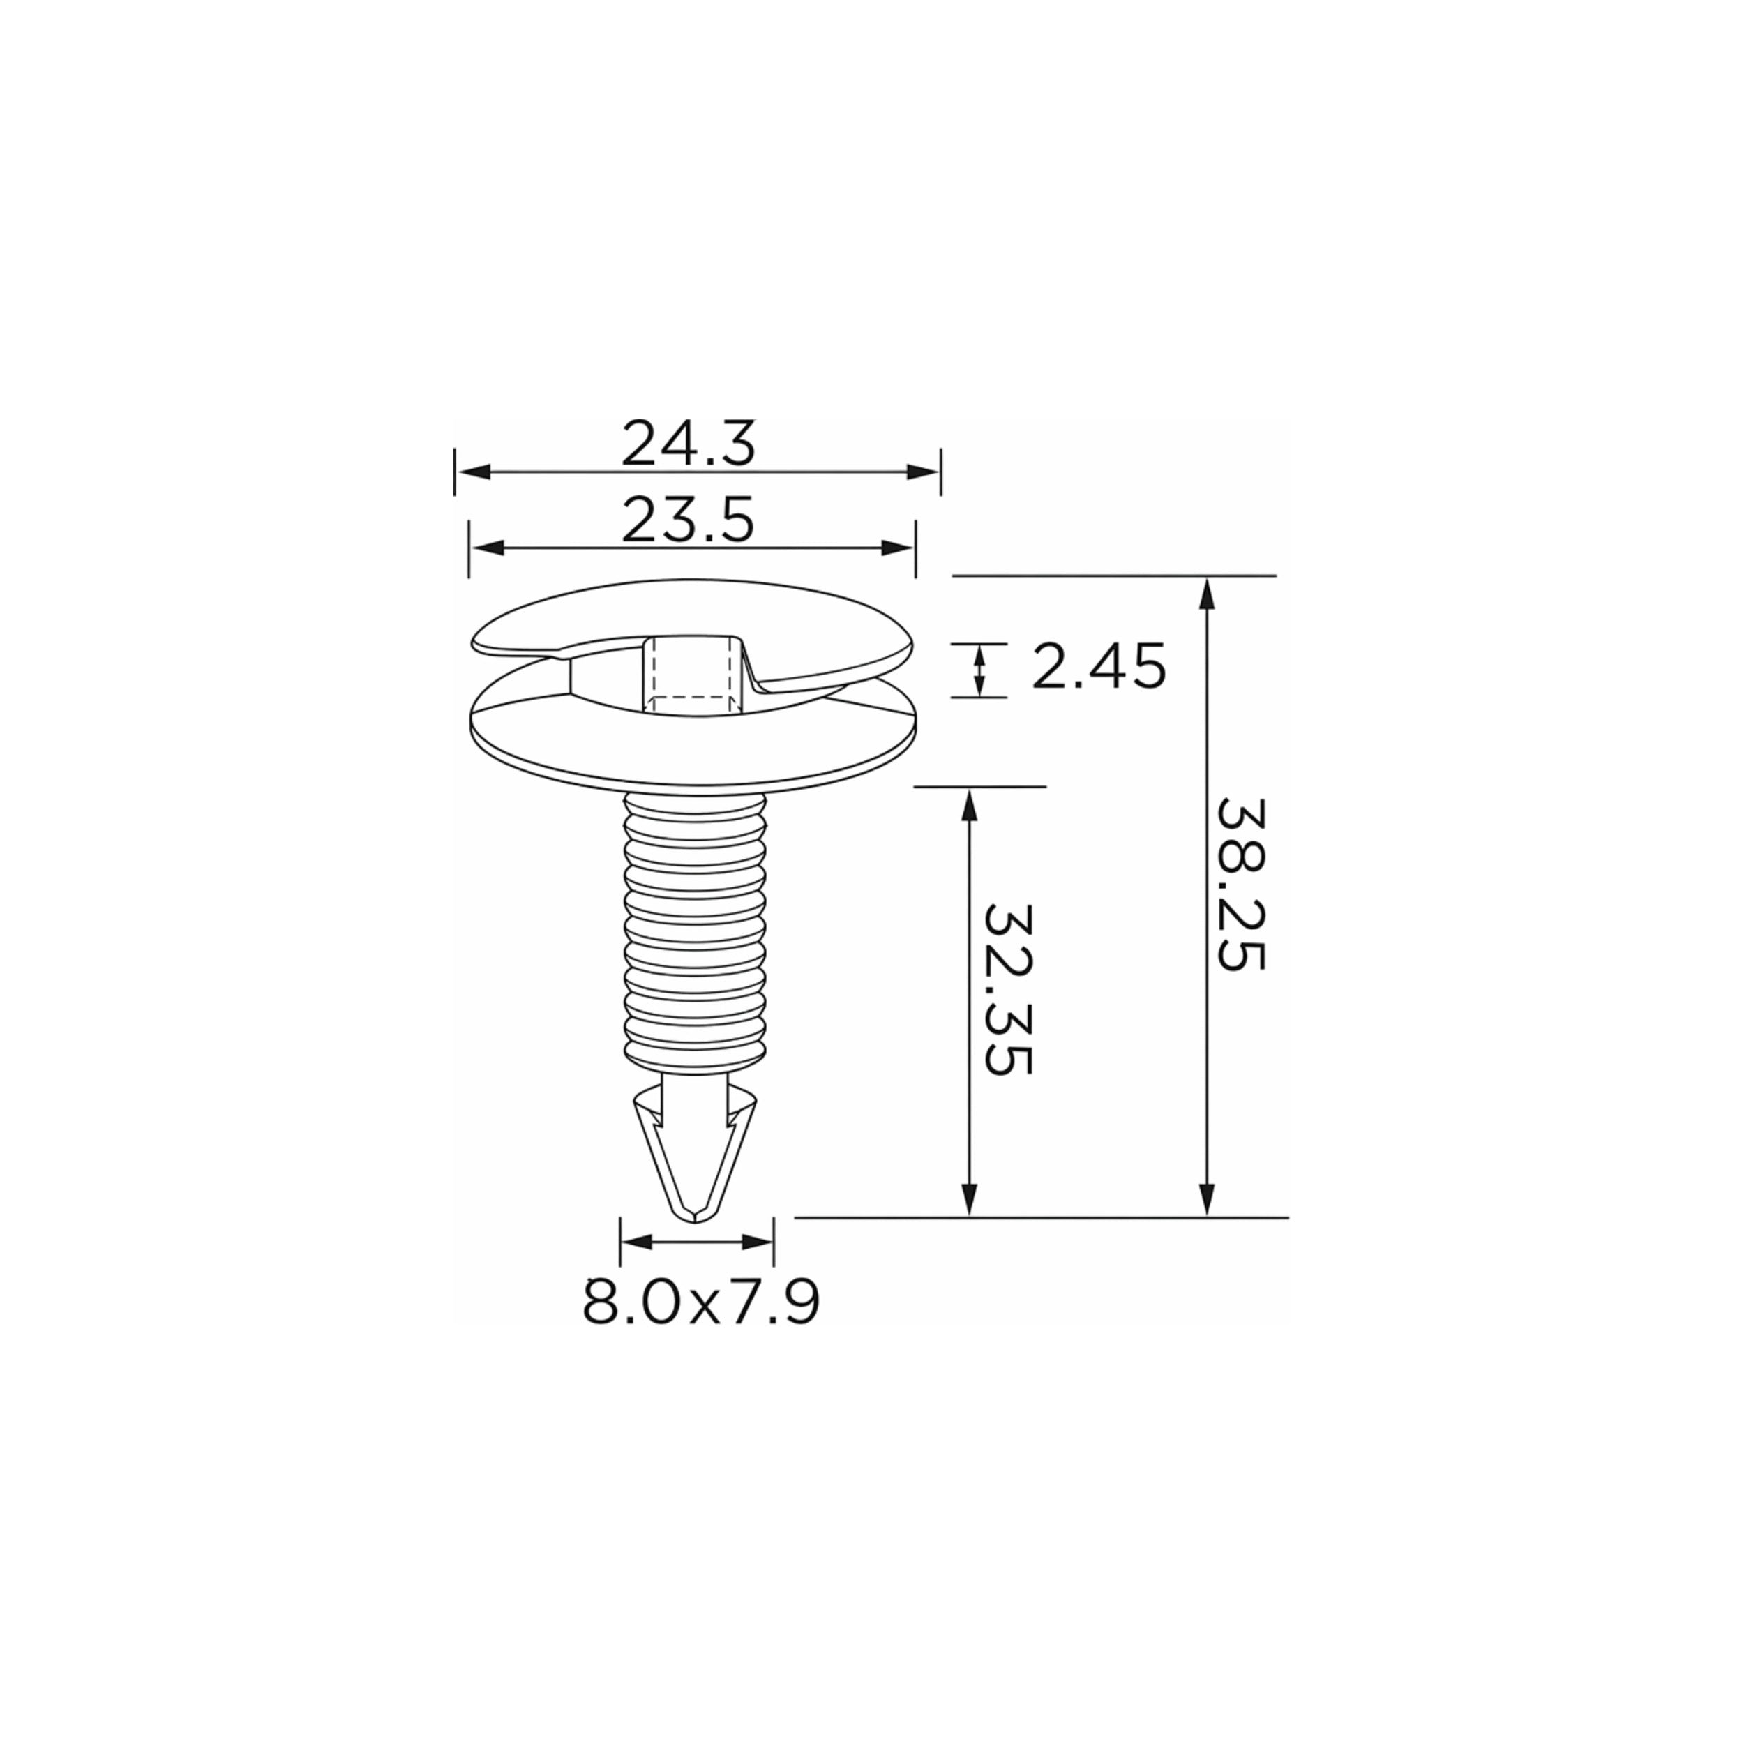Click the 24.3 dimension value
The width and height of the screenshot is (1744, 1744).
click(688, 443)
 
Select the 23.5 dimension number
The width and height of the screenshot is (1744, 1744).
click(688, 521)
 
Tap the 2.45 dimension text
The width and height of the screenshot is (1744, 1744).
click(1099, 666)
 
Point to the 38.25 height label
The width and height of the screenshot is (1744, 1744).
click(1241, 885)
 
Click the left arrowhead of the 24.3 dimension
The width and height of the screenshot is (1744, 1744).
click(473, 471)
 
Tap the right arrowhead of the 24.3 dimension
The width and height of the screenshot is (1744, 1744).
click(922, 471)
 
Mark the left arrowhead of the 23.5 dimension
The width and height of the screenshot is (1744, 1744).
click(486, 548)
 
